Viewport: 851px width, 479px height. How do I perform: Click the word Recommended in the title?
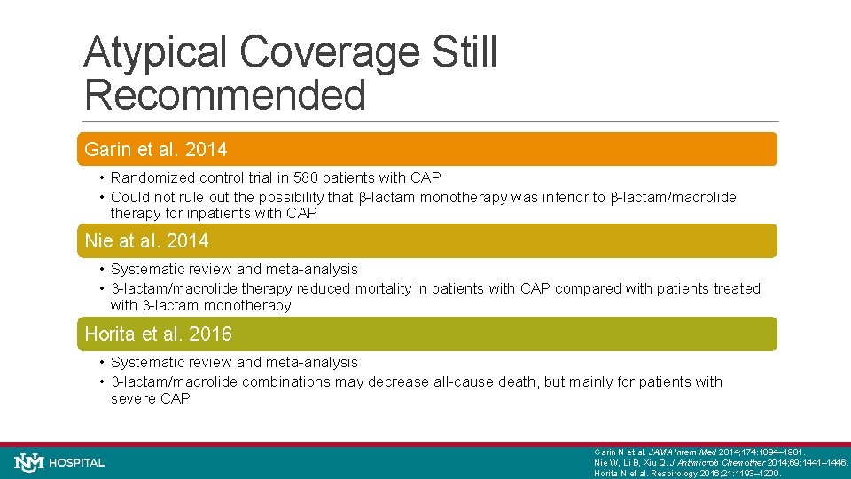tap(224, 95)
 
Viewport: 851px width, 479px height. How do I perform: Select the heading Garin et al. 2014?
tap(156, 150)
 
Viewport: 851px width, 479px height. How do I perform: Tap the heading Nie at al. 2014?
tap(146, 240)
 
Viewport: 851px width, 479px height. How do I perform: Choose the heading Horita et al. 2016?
tap(158, 334)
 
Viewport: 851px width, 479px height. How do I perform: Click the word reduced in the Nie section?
tap(325, 288)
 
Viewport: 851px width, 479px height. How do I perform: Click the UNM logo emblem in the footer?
tap(29, 462)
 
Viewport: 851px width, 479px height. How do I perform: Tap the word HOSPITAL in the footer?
tap(77, 463)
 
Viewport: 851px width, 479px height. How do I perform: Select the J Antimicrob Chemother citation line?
tap(720, 462)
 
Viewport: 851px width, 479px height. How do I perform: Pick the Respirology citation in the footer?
tap(687, 473)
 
